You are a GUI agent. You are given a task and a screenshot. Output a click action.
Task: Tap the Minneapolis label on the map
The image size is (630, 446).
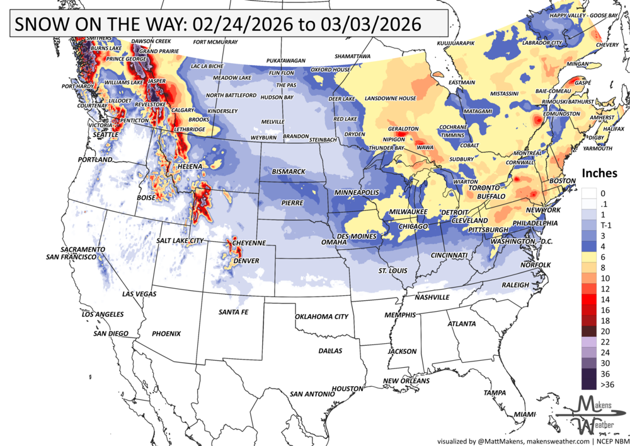(357, 192)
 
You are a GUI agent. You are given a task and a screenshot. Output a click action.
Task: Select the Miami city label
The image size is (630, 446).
(525, 414)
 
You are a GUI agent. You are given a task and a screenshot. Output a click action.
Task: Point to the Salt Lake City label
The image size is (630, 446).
(180, 241)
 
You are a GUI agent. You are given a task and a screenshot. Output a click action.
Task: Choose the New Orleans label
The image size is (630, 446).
(406, 381)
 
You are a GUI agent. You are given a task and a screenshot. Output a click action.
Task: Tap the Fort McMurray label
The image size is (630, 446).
(215, 43)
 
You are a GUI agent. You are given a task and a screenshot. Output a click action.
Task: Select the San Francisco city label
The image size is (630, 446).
(71, 257)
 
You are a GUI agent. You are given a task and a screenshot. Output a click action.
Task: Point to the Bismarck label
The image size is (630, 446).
(288, 172)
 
